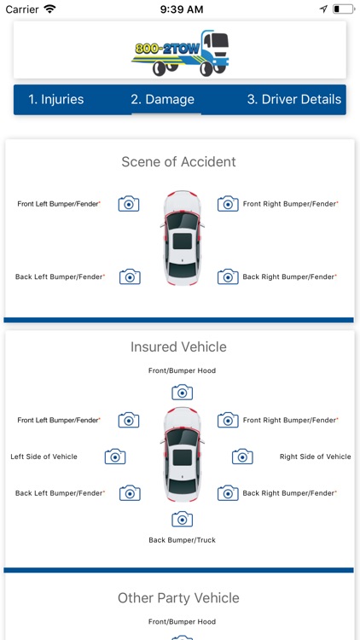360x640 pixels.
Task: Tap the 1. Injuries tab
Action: click(56, 100)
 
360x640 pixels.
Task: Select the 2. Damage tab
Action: click(162, 100)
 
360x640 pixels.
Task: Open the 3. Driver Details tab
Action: click(293, 100)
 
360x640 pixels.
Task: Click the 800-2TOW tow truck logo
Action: click(180, 53)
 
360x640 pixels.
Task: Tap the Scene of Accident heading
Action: click(179, 161)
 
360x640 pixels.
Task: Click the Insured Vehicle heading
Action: click(179, 347)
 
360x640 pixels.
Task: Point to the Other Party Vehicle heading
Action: click(179, 598)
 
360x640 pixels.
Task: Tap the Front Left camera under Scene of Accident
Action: click(129, 204)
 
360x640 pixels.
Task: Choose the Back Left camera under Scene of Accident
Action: click(130, 276)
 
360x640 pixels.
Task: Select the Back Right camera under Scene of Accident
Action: click(228, 276)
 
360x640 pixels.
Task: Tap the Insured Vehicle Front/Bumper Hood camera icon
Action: click(182, 393)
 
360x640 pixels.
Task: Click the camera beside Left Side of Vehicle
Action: click(115, 457)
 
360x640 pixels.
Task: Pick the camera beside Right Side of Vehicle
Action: click(242, 457)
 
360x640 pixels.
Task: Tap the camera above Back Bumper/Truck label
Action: click(182, 519)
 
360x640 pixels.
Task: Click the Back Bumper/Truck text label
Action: click(182, 540)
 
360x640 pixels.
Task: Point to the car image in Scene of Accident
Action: click(182, 238)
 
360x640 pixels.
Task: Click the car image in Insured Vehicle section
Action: click(182, 454)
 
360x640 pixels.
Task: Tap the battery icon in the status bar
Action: click(343, 9)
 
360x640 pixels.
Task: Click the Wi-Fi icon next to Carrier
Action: click(50, 9)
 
